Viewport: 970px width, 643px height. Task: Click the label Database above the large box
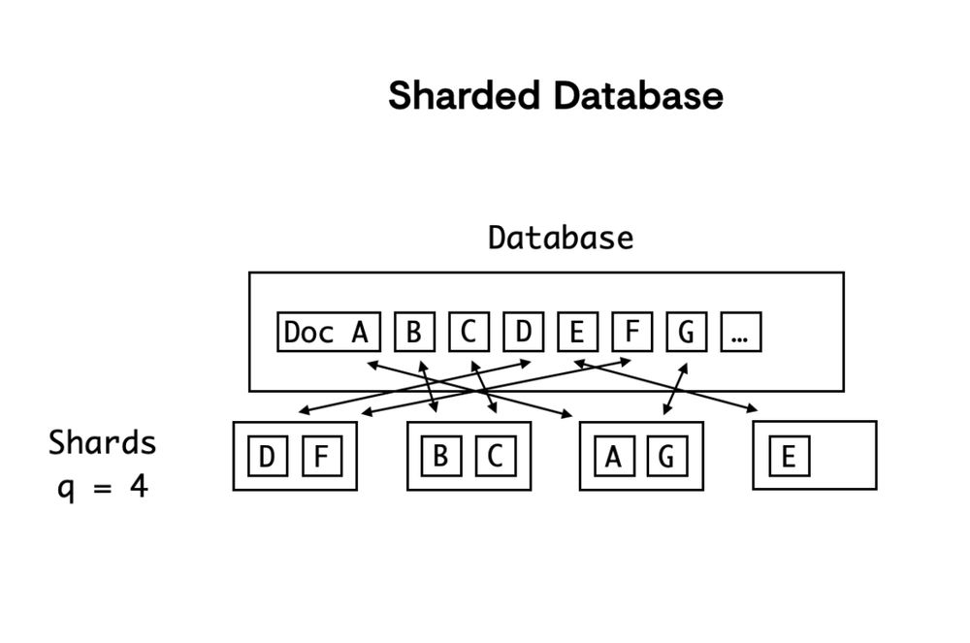tap(560, 238)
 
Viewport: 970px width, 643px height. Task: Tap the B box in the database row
tap(414, 333)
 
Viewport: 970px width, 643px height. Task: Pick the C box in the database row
tap(469, 333)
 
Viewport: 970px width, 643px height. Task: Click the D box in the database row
tap(524, 333)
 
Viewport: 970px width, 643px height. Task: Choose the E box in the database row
tap(577, 333)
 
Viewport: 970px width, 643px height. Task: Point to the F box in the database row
tap(632, 333)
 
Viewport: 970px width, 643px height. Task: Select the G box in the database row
tap(687, 333)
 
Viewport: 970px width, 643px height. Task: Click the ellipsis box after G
tap(741, 333)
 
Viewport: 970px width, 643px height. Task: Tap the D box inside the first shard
tap(266, 457)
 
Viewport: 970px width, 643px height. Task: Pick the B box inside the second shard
tap(440, 456)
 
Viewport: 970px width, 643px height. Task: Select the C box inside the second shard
tap(494, 456)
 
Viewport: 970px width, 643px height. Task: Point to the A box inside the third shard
tap(613, 456)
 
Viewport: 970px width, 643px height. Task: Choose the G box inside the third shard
tap(666, 456)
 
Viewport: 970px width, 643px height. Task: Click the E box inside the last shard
tap(789, 457)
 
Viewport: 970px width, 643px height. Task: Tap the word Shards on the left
tap(102, 443)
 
